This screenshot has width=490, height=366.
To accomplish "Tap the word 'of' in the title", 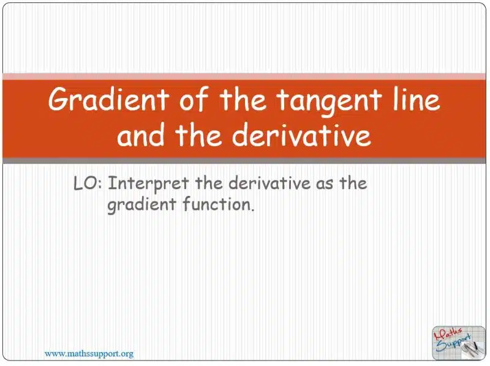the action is (193, 99).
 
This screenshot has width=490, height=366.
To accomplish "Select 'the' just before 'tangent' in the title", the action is (243, 99).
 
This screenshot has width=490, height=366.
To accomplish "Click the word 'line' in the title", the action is (417, 99).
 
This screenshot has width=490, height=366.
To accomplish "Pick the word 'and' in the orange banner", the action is (140, 135).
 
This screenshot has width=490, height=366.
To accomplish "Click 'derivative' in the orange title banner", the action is (301, 135).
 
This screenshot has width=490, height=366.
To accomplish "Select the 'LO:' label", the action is (88, 183).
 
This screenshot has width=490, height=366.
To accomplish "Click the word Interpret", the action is (148, 184).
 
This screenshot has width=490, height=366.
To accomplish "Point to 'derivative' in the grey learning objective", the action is (269, 183).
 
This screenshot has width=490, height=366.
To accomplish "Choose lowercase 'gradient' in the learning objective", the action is (142, 205).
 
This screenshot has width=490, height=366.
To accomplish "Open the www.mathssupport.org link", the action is (89, 354).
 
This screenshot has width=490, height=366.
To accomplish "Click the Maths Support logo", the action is (458, 343).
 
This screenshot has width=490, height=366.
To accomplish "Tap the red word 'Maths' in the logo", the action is (448, 334).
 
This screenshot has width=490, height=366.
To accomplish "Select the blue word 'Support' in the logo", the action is (453, 343).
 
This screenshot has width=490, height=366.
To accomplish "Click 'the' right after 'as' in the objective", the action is (353, 183).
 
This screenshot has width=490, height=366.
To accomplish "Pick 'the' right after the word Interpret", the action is (209, 183).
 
